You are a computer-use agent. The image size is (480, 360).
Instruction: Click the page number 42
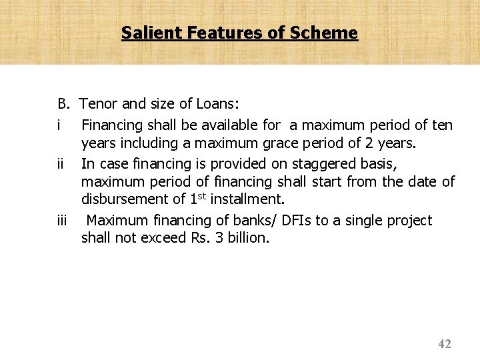[445, 344]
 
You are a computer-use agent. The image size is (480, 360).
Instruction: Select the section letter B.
[63, 104]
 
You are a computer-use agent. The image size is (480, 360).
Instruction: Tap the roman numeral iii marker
[63, 221]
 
